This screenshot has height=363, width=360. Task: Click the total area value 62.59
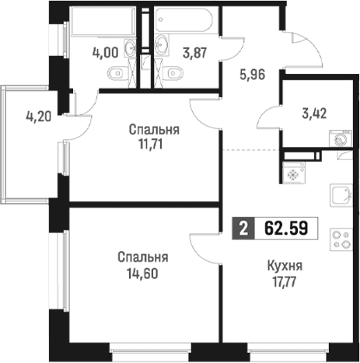coord(286,229)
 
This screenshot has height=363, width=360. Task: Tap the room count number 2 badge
coord(243,229)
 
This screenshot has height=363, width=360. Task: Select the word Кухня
coord(285,266)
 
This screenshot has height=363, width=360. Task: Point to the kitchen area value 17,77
coord(285,281)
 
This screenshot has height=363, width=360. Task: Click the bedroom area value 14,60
coord(142,274)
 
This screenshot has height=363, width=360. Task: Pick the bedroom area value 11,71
coord(151,145)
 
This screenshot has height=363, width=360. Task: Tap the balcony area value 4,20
coord(39,117)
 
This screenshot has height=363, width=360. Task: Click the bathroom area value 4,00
coord(106,53)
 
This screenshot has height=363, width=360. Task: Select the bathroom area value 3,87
coord(194,54)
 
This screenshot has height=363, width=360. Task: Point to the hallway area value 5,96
coord(253,75)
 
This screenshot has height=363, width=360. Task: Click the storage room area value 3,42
coord(314,113)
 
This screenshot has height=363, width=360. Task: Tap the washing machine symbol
coord(341,138)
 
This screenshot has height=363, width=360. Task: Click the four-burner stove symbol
coord(341,239)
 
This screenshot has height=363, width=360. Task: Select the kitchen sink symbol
coord(341,196)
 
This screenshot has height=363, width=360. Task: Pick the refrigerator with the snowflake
coord(294,173)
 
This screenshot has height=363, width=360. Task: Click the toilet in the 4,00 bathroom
coord(117,73)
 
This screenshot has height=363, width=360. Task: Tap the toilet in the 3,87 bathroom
coord(173,73)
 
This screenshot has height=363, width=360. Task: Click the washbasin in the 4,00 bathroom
coord(130,47)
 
